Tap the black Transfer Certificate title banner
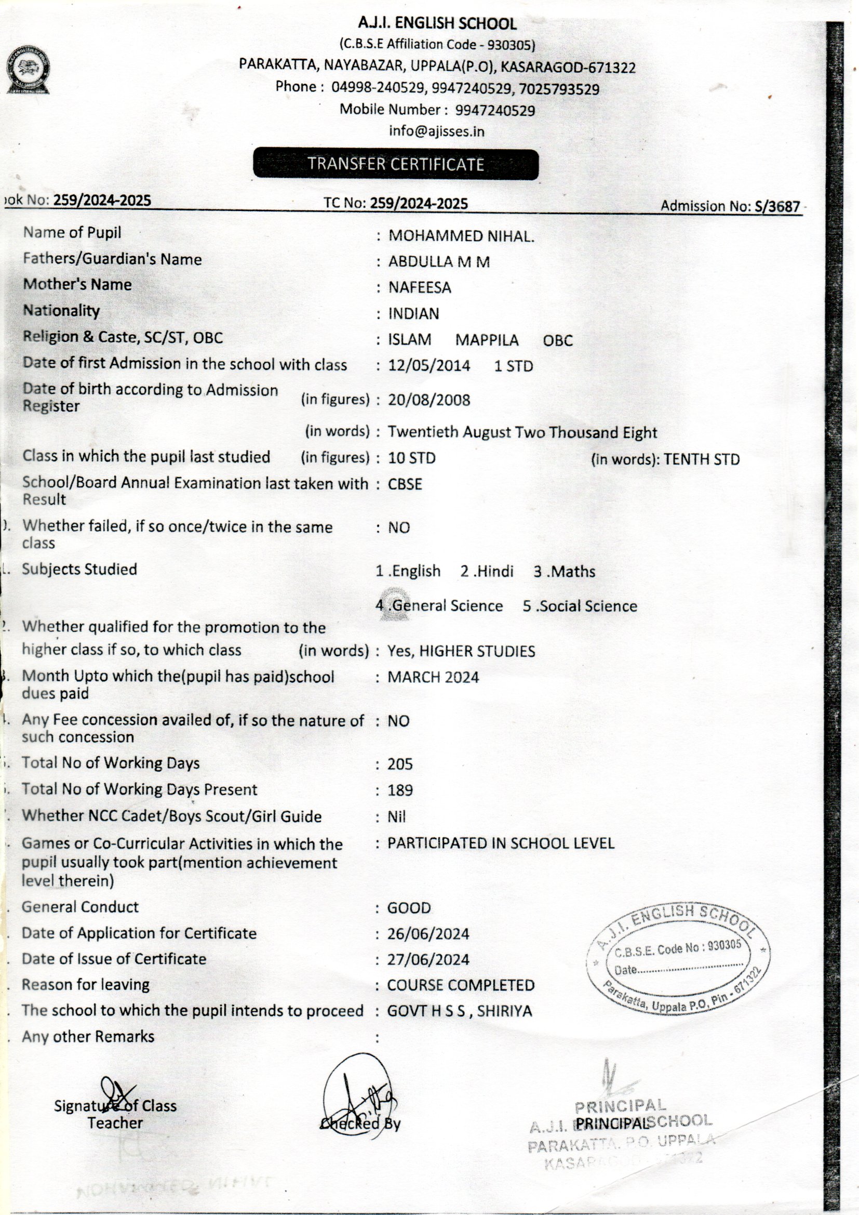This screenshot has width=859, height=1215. point(396,164)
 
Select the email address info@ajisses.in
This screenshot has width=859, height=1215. point(436,131)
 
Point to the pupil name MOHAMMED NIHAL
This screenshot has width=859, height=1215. point(461,236)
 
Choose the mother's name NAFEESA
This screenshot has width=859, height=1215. point(420,288)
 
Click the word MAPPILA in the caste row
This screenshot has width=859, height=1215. point(487,340)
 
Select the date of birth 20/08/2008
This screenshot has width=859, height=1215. point(429,400)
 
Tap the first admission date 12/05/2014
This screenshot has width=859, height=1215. point(429,366)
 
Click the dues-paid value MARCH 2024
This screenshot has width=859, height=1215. point(433,677)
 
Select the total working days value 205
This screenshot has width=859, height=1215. point(400,764)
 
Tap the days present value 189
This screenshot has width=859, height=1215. point(400,790)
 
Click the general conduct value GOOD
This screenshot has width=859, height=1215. point(409,908)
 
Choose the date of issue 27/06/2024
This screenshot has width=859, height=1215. point(428,960)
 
